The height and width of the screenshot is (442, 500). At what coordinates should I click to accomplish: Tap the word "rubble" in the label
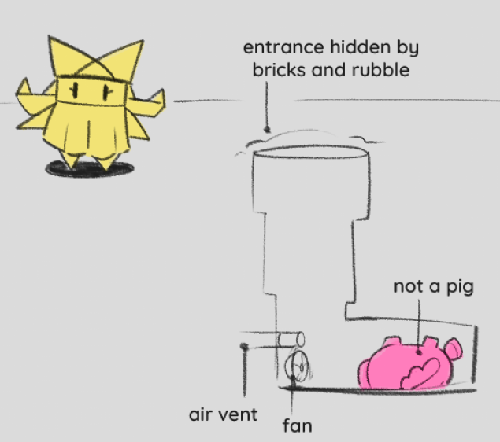click(x=380, y=69)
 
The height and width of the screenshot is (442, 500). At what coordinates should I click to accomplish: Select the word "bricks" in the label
click(x=279, y=69)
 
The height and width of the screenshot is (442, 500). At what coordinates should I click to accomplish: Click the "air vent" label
click(x=223, y=414)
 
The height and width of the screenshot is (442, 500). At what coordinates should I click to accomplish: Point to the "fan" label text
click(x=297, y=425)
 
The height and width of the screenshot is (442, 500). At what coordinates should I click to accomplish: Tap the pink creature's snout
click(x=454, y=348)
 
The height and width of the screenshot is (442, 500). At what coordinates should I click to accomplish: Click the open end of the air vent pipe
click(x=300, y=339)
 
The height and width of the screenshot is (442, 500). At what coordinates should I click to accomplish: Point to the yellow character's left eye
click(x=75, y=90)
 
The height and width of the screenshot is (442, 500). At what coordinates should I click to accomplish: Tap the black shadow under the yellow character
click(x=90, y=168)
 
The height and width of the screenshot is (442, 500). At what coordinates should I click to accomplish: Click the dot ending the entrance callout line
click(x=267, y=130)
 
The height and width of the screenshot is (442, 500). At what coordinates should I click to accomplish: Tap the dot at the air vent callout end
click(x=244, y=346)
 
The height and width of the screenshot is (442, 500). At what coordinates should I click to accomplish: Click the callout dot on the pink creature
click(x=419, y=352)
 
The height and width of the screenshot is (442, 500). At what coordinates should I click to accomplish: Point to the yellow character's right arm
click(x=147, y=101)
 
